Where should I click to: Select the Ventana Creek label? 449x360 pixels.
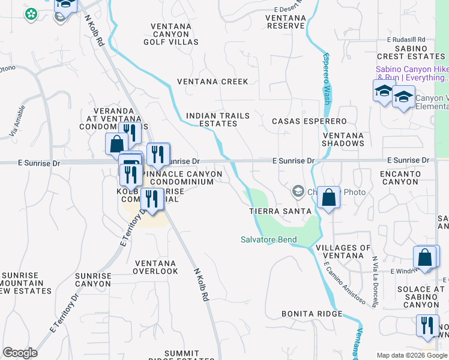click(x=212, y=81)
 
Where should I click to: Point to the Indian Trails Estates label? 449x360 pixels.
click(x=211, y=119)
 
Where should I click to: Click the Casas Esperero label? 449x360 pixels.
click(x=309, y=121)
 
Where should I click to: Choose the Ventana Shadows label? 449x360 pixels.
click(x=343, y=139)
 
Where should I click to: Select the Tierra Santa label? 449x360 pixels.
click(x=280, y=211)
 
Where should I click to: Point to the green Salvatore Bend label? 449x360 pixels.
click(x=268, y=239)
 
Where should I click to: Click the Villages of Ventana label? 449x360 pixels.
click(x=343, y=252)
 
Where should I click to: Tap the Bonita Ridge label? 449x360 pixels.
click(x=312, y=314)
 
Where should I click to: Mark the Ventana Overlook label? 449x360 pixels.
click(x=156, y=267)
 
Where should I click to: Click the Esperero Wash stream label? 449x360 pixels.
click(x=327, y=79)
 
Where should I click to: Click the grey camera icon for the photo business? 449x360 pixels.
click(x=298, y=192)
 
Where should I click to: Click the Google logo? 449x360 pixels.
click(x=20, y=353)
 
